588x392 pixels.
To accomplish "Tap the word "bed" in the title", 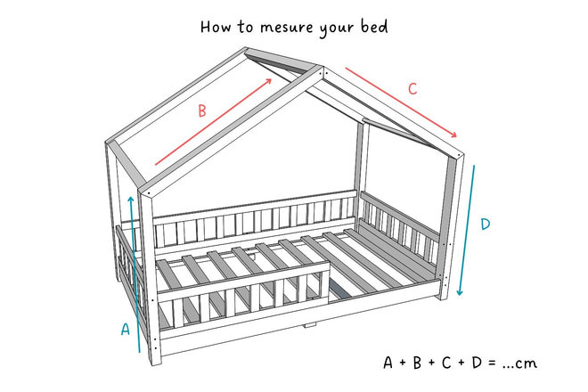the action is pos(374,27).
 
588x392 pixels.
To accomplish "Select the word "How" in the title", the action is pos(216,27).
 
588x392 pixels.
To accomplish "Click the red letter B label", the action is pos(202,111).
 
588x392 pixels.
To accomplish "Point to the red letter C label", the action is pos(412,89).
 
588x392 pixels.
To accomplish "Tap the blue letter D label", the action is pos(486,224).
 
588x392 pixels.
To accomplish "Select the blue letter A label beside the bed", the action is pos(126,329).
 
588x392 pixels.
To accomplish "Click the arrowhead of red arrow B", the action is pos(268,81).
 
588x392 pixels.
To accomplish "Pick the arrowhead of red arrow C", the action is pos(453,135).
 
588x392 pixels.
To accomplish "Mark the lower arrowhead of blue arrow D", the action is pos(460,291).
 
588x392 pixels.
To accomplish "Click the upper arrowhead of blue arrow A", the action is pos(130,200).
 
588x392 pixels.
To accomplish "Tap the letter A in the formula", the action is pos(388,363).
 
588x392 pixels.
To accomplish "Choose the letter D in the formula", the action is pos(477,363).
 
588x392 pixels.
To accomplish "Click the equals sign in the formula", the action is pos(492,363).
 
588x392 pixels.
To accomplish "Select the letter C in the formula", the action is pos(446,363).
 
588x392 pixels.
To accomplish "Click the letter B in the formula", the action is pos(417,363).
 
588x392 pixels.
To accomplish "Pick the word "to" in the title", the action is pos(245,27).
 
